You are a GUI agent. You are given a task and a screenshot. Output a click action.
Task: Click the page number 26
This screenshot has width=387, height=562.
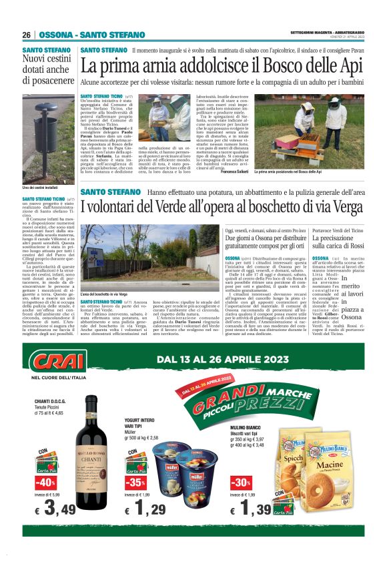tap(27, 35)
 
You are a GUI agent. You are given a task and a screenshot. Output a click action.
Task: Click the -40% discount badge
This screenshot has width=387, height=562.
tap(45, 482)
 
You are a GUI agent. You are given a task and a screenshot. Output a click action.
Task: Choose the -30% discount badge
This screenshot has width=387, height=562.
tap(240, 482)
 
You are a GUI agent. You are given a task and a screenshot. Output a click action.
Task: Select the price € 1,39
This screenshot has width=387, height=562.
tap(252, 511)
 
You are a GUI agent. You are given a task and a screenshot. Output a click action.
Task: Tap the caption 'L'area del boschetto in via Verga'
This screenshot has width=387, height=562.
tap(104, 294)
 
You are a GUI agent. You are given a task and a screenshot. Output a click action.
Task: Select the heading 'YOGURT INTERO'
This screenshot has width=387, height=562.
tap(143, 421)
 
